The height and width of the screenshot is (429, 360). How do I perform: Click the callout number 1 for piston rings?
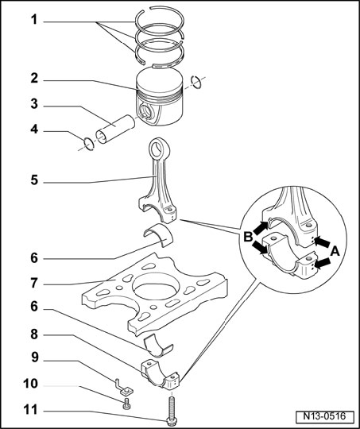34,20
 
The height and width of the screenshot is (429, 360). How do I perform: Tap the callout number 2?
34,79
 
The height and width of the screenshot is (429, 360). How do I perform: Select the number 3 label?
34,104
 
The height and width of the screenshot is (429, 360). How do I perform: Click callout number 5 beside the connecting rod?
34,180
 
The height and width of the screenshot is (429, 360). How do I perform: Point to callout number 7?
34,283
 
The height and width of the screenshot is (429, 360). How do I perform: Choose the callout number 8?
34,334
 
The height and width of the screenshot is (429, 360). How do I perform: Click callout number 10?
31,384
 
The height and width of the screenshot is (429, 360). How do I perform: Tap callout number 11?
30,410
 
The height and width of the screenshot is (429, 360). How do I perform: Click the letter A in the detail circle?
335,251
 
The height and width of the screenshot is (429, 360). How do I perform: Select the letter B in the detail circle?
248,237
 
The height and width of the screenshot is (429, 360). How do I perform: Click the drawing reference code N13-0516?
324,416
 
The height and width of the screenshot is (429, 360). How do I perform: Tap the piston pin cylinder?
115,129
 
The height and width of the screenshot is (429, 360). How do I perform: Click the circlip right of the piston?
196,82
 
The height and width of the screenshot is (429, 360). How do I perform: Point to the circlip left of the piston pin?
89,144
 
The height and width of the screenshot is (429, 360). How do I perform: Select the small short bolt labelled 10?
126,404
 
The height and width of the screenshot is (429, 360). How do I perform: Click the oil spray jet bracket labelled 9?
124,388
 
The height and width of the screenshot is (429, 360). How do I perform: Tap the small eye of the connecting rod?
159,149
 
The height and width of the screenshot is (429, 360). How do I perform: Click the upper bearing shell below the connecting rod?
158,234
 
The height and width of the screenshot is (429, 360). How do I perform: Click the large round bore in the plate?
156,286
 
